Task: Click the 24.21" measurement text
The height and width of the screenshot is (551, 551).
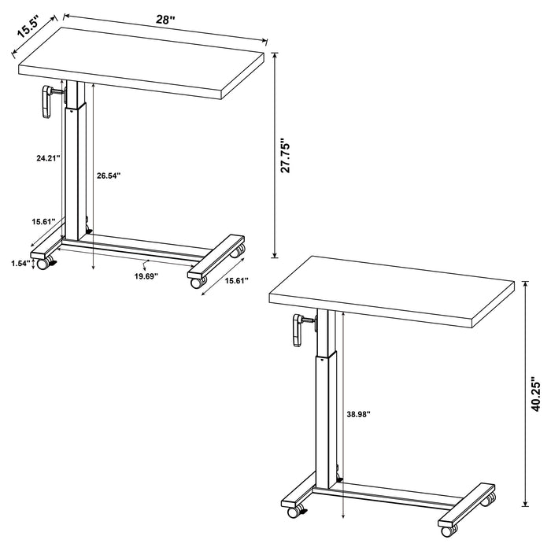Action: [x=48, y=158]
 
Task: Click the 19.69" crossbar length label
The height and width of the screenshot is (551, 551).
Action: [x=146, y=276]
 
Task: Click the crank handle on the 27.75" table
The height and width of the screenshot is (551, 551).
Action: [x=45, y=102]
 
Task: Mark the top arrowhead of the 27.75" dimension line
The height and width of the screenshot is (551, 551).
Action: [x=275, y=55]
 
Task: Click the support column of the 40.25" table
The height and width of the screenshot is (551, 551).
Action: [x=325, y=417]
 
